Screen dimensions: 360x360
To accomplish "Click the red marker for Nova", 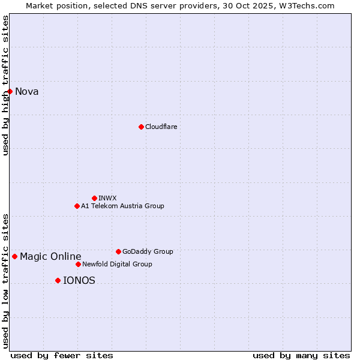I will [10, 91].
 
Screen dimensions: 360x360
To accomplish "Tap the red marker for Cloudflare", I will [141, 127].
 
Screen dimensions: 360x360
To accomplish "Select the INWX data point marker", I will [94, 198].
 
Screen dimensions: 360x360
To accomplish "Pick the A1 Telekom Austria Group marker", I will [77, 206].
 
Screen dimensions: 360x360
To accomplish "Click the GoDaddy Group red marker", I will [118, 251].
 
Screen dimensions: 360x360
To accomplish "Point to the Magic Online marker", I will [14, 256].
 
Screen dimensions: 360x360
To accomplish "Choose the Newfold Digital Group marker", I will [78, 264].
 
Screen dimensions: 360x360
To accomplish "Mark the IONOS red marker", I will [58, 280].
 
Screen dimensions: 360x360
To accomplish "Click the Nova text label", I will [27, 91].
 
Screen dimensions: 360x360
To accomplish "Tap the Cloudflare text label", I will [161, 127].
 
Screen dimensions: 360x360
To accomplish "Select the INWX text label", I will [107, 198].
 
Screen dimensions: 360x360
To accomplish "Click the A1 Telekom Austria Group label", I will [122, 206].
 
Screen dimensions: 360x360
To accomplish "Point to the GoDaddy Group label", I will [148, 251].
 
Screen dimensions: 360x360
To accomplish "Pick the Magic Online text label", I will [50, 257].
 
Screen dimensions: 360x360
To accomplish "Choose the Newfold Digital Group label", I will [117, 264].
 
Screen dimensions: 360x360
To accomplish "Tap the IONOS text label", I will [79, 280].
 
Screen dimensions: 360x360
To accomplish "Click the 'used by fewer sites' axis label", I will [62, 355].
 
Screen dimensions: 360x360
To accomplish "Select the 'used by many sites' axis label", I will [301, 355].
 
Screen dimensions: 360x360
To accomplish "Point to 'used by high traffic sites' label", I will [5, 85].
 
